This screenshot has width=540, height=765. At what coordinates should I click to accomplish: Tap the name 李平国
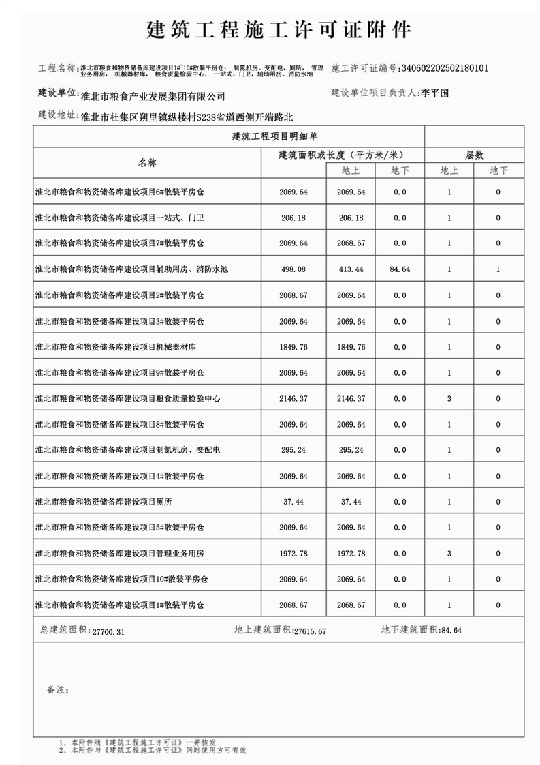[x=436, y=93]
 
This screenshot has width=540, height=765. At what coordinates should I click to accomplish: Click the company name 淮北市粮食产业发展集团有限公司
[x=152, y=97]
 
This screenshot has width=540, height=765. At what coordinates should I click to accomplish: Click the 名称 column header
[x=147, y=163]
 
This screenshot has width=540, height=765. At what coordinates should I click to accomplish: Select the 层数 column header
[x=474, y=155]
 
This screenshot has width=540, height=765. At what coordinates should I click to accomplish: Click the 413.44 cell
[x=351, y=269]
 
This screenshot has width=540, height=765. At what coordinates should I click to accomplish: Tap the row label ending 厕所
[x=104, y=501]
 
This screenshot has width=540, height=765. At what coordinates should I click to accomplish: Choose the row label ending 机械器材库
[x=116, y=347]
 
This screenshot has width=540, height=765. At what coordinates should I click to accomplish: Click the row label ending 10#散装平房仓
[x=121, y=579]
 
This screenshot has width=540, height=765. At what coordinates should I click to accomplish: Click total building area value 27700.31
[x=107, y=632]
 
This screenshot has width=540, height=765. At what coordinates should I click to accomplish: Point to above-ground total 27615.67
[x=310, y=631]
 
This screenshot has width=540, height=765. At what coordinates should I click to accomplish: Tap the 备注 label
[x=57, y=690]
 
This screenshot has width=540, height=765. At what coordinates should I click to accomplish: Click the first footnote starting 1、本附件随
[x=138, y=742]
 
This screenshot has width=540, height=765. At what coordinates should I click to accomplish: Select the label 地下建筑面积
[x=409, y=630]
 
